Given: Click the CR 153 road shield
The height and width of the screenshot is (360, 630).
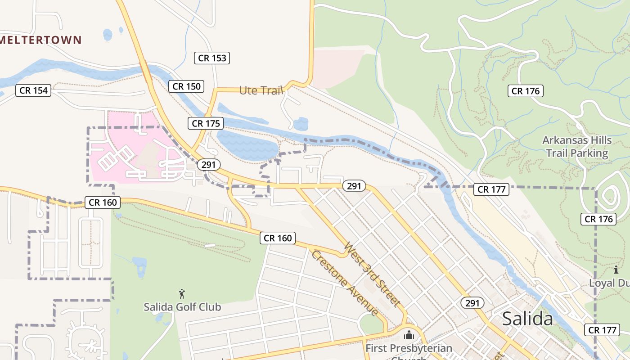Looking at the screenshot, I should tap(212, 58).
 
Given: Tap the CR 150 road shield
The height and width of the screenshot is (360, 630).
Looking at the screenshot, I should tap(186, 86).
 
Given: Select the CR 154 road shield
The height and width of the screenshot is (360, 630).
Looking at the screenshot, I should tap(33, 90).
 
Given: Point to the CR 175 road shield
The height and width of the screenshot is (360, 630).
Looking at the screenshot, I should tap(206, 123).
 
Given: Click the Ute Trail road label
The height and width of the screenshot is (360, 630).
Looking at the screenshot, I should tap(261, 90).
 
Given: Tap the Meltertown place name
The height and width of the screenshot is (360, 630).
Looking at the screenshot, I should tap(40, 40).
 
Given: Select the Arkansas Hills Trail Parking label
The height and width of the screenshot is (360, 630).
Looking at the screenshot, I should tap(577, 147).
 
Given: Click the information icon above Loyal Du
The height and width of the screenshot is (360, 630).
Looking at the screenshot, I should tap(616, 270).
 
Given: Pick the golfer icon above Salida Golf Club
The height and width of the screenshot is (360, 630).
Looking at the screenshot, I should tap(182, 294).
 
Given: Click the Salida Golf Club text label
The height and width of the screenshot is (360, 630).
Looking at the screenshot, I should tap(182, 307).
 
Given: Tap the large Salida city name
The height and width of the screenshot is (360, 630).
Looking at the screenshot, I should tap(527, 319).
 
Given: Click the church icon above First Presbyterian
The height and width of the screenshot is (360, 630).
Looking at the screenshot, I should tap(409, 335).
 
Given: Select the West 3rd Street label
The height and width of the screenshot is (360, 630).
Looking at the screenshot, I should tap(372, 274).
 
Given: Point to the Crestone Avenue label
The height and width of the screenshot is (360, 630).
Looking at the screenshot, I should tap(344, 283).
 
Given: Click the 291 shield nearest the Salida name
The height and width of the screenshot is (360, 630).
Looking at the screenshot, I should tap(472, 303).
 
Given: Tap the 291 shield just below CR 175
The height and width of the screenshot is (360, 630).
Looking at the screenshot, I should tap(208, 165).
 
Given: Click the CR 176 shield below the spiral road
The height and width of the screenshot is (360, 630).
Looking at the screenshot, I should tap(598, 219).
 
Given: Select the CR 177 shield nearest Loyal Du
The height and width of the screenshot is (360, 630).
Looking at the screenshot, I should tap(602, 330).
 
